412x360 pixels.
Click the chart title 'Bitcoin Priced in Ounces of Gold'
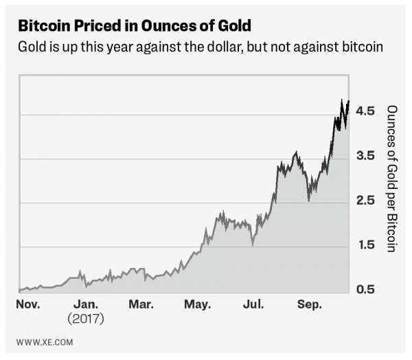(133, 27)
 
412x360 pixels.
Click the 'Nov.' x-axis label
(28, 304)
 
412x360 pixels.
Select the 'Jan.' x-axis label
(86, 304)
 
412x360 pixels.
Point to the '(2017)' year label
(86, 319)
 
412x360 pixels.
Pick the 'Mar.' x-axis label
(141, 304)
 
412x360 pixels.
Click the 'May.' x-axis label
(198, 304)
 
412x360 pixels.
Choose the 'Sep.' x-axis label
(310, 304)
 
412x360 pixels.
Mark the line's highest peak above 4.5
(342, 100)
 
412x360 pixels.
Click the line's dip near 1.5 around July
(253, 244)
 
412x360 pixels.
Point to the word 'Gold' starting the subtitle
(30, 49)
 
